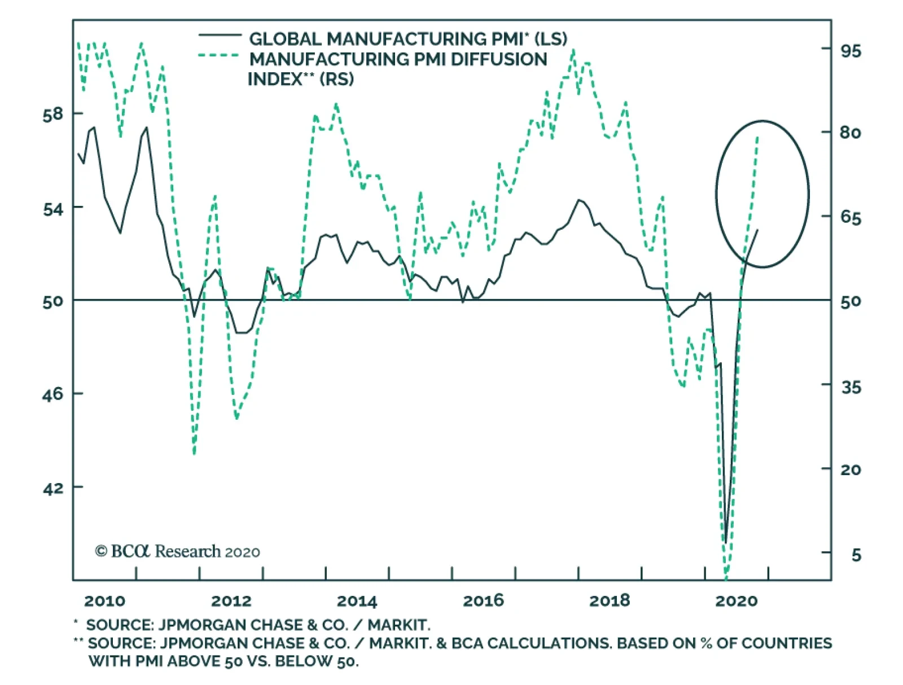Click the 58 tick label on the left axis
click(53, 115)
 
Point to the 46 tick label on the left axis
click(53, 394)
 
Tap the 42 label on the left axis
click(53, 488)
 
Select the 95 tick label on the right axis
click(851, 51)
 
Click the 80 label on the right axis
click(851, 133)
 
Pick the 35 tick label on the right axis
click(851, 388)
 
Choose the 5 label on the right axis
click(856, 555)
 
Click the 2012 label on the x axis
click(231, 601)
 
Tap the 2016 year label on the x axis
click(483, 601)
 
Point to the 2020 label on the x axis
click(736, 601)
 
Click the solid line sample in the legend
click(220, 36)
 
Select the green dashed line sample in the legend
click(220, 55)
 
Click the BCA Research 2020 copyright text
click(177, 551)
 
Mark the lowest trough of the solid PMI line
click(726, 542)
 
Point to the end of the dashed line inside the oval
click(757, 137)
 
